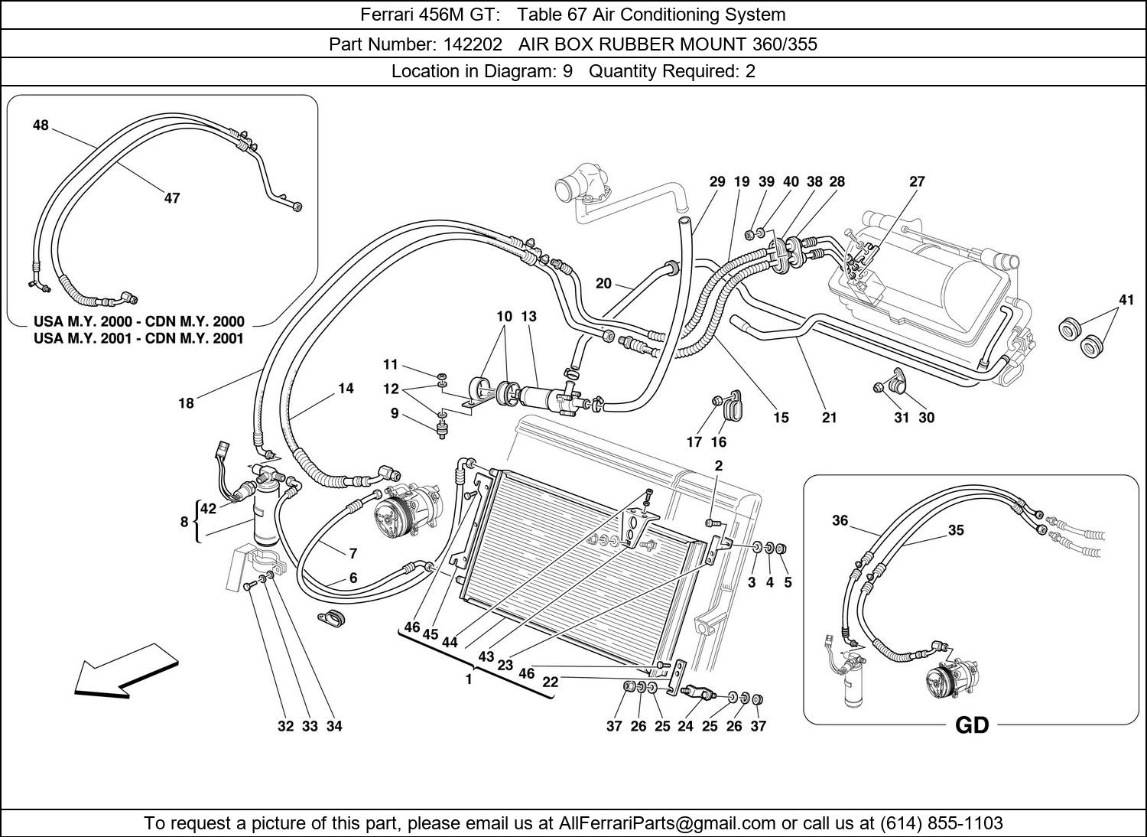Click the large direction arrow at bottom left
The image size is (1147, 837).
125,671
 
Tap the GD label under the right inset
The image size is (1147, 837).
971,725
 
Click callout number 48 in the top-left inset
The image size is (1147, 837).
41,125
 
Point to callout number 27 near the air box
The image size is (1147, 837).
917,181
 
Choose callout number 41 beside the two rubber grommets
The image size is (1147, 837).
1126,300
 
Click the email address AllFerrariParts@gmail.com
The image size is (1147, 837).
667,823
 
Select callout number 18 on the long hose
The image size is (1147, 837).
186,403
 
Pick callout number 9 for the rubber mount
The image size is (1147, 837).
395,413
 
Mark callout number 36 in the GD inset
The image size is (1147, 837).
840,520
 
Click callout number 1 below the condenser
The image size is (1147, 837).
469,679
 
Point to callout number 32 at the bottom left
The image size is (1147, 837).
285,726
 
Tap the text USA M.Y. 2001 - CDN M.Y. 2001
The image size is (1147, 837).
138,338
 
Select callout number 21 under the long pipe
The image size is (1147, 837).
829,418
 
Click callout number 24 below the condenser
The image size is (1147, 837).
685,726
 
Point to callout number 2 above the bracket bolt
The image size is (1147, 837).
719,465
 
